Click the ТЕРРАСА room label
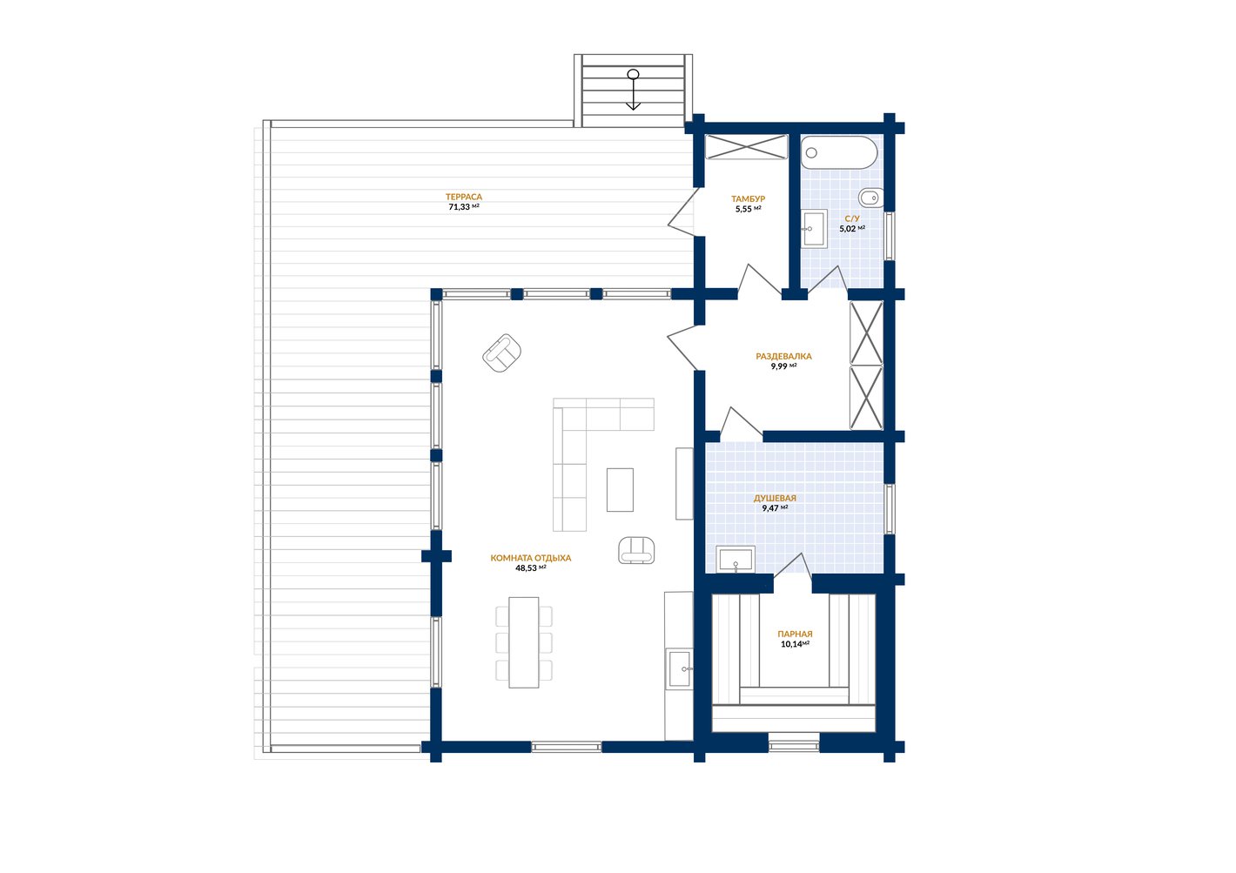(x=463, y=197)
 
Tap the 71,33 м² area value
(x=463, y=207)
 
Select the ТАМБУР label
(x=749, y=198)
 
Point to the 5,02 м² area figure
(x=852, y=228)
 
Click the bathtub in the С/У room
(x=839, y=153)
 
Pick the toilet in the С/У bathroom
(x=871, y=197)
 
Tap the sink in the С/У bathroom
(x=814, y=228)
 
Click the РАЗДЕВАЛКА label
(x=783, y=357)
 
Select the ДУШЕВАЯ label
(x=775, y=499)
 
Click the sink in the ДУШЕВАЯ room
(x=736, y=560)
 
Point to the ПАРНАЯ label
(x=795, y=634)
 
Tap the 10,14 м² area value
(x=795, y=644)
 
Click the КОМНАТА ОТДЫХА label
(x=531, y=558)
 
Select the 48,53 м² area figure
(x=531, y=567)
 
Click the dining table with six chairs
(x=524, y=642)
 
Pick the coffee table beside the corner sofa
(x=621, y=490)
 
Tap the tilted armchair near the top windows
(x=502, y=353)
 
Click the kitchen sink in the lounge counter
(x=680, y=668)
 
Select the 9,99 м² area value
(x=783, y=366)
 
